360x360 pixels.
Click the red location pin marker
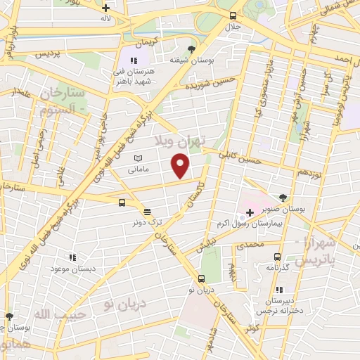click(181, 166)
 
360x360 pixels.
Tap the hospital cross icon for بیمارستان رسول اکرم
click(250, 212)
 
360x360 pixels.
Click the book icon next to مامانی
click(138, 157)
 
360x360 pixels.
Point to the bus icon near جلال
click(232, 15)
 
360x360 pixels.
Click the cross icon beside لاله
click(105, 8)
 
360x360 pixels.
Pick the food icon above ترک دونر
click(147, 211)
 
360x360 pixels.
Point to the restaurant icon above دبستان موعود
click(71, 257)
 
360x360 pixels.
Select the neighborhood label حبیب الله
click(62, 314)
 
